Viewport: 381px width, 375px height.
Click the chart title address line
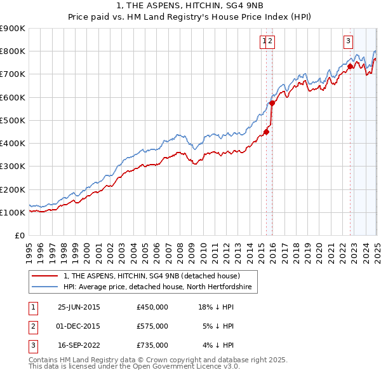(190, 6)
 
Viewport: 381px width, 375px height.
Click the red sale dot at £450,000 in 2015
(267, 132)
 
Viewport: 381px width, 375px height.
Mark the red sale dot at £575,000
(272, 103)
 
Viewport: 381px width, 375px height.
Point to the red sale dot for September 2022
(351, 66)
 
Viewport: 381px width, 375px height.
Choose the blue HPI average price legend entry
(157, 287)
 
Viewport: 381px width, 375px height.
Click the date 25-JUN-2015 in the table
(79, 307)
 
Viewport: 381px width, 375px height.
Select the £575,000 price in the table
(152, 326)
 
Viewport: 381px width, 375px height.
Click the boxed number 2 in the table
(32, 326)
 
